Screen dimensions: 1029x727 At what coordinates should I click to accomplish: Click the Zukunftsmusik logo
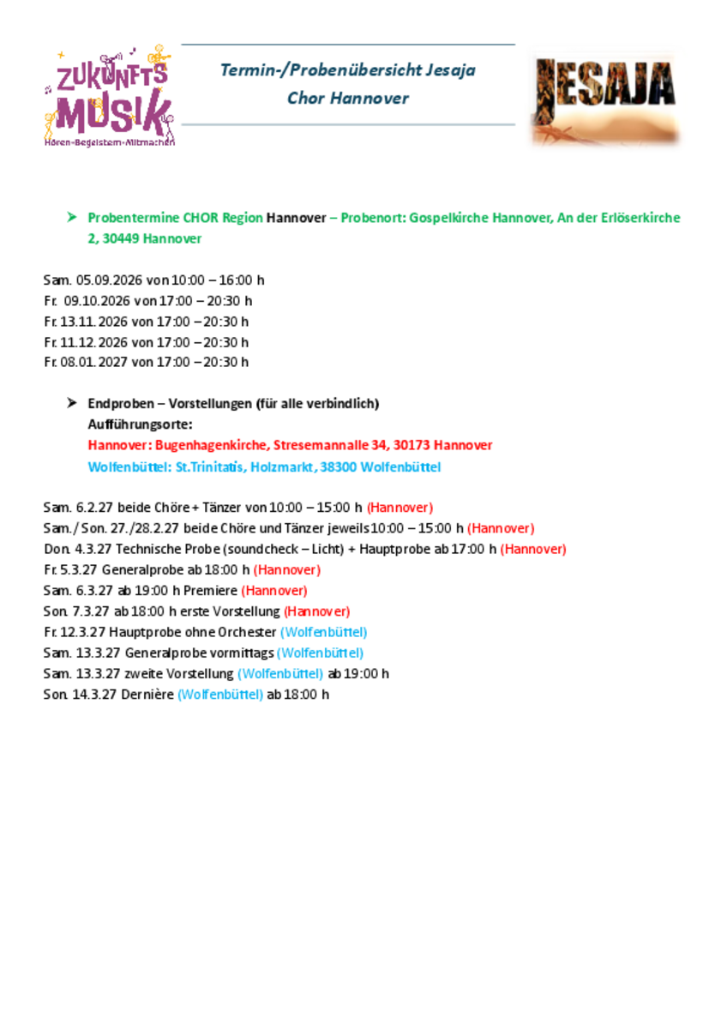pyautogui.click(x=109, y=96)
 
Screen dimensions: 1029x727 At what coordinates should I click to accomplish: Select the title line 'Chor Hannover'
pyautogui.click(x=347, y=98)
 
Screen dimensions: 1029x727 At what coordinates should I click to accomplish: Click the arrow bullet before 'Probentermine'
pyautogui.click(x=72, y=217)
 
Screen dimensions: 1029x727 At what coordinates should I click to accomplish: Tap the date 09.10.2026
pyautogui.click(x=97, y=301)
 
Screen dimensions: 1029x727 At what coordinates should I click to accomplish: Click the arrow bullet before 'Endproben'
pyautogui.click(x=72, y=402)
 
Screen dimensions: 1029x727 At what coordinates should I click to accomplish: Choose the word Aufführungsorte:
pyautogui.click(x=140, y=424)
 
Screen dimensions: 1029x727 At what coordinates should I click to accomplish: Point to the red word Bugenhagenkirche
pyautogui.click(x=211, y=446)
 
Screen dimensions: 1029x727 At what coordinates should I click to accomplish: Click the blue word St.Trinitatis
pyautogui.click(x=208, y=467)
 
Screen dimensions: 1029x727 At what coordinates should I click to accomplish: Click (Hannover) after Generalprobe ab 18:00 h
pyautogui.click(x=286, y=569)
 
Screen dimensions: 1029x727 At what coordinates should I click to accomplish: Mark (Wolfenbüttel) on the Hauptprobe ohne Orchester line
pyautogui.click(x=324, y=632)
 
